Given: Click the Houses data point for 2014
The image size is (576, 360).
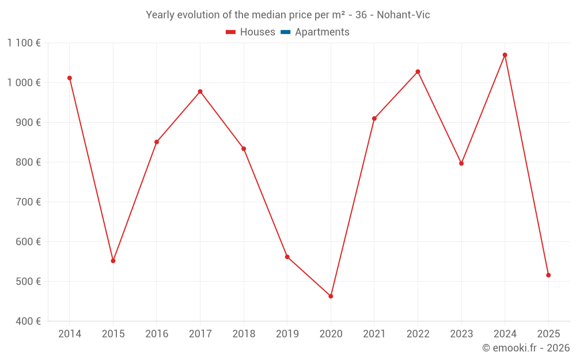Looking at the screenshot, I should coord(70,78).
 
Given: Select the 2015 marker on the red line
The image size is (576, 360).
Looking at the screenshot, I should coord(113,261).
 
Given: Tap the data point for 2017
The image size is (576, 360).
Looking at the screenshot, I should coord(200,92).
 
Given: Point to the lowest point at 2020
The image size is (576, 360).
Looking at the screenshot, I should coord(331,296).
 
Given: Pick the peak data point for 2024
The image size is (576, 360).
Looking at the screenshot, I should coord(505,55).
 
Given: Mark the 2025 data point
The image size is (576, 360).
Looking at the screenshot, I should coord(548,275).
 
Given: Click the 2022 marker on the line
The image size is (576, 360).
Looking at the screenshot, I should coord(418,71).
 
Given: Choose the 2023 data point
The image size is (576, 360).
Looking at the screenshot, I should coord(461,164).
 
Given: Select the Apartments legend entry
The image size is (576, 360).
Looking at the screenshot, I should coord(322,32).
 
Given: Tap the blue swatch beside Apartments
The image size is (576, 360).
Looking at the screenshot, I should coord(285,32).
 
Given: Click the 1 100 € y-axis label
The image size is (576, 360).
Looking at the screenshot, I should coord(24,43).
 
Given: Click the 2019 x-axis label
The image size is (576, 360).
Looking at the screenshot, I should coord(287,334).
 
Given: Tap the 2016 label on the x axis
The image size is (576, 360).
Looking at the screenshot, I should coord(157,334).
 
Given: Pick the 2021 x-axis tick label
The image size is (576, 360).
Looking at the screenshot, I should coord(374,334).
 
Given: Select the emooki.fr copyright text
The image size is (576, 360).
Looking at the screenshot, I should coord(525,348).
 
